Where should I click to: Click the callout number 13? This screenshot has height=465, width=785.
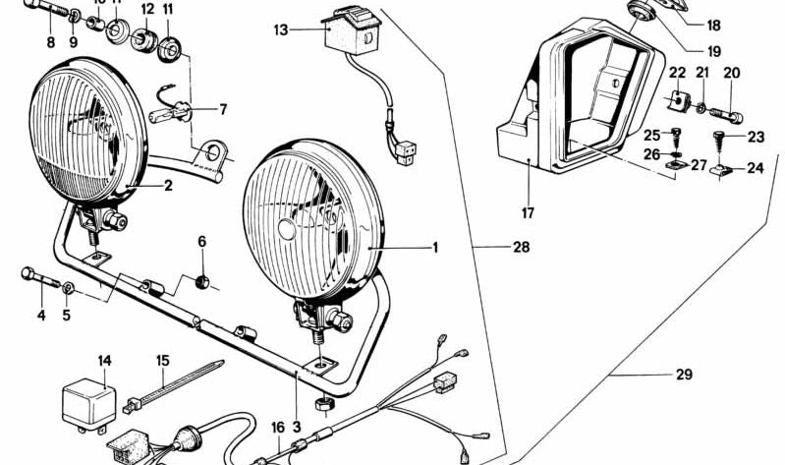click(281, 29)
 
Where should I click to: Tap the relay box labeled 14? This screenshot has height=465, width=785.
click(85, 400)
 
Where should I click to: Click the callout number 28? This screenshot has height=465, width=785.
click(520, 248)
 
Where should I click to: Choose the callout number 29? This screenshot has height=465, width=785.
click(684, 375)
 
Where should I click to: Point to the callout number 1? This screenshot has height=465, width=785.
click(434, 248)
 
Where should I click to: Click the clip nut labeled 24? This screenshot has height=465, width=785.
click(720, 174)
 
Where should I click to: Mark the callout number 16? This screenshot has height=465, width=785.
click(278, 427)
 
